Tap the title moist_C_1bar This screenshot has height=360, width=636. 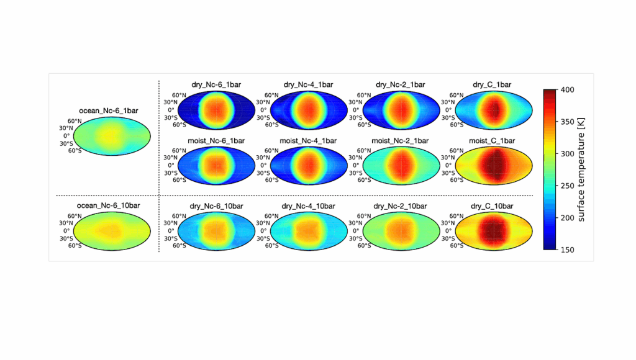[492, 141]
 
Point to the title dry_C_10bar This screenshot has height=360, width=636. [492, 205]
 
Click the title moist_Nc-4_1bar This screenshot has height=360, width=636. [308, 141]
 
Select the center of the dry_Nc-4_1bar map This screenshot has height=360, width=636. [308, 110]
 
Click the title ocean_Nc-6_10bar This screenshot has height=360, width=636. [112, 205]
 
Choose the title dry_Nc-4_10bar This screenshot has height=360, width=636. [308, 205]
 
